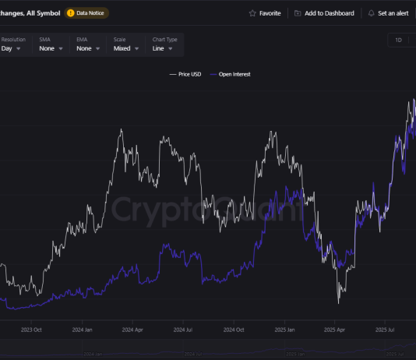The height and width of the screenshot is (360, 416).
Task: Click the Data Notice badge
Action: coord(87,13)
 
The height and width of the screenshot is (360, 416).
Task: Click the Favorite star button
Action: coord(265,13)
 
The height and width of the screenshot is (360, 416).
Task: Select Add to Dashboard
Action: coord(324,13)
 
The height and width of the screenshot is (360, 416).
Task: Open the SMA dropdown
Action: coord(51,48)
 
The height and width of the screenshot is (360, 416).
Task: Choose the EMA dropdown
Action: coord(89,48)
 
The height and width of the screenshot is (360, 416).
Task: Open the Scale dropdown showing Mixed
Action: coord(126,48)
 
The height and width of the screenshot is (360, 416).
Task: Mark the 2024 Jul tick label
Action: coord(184,330)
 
